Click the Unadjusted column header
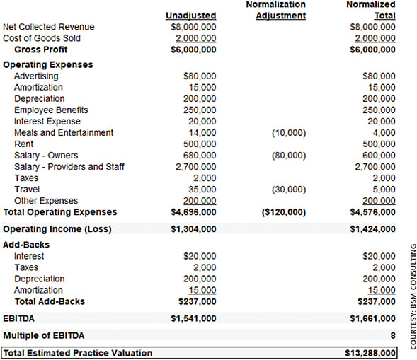tap(190, 16)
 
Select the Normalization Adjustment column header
tap(280, 10)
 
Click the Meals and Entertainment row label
tap(64, 133)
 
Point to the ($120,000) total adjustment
tap(283, 212)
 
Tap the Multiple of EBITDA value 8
tap(393, 335)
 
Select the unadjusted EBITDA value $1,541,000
tap(194, 318)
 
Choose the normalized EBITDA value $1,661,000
tap(373, 318)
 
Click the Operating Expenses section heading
tap(47, 64)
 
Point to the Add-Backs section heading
tap(26, 245)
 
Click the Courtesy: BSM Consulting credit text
tap(412, 295)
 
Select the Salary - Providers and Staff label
tap(69, 167)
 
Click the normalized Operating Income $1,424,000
tap(373, 229)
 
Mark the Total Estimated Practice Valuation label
tap(78, 352)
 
